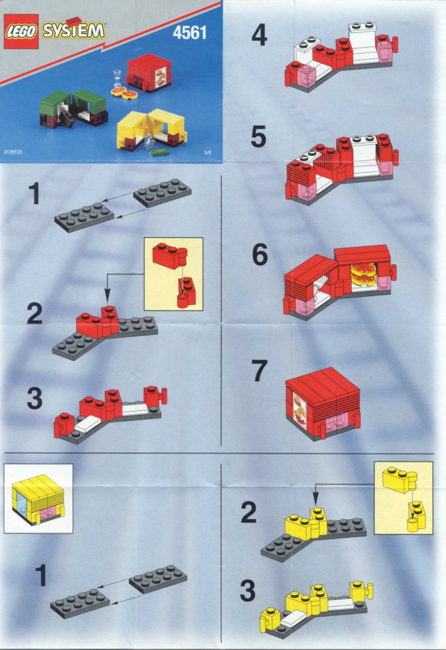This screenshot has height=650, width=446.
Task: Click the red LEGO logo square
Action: pyautogui.click(x=21, y=31)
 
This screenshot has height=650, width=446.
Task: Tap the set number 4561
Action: pyautogui.click(x=190, y=32)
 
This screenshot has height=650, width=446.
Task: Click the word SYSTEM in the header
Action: pyautogui.click(x=73, y=31)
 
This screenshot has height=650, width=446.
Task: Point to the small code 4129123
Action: pyautogui.click(x=13, y=152)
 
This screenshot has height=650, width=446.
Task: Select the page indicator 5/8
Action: pyautogui.click(x=207, y=152)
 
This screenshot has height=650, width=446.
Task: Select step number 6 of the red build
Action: pyautogui.click(x=260, y=254)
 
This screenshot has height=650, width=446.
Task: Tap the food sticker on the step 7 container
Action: pyautogui.click(x=299, y=411)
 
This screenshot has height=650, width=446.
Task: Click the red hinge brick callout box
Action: pyautogui.click(x=173, y=274)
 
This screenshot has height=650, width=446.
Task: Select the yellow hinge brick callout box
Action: pyautogui.click(x=403, y=498)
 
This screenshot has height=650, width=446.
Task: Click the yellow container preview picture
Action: pyautogui.click(x=38, y=498)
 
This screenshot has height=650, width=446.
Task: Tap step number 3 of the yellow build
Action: pyautogui.click(x=248, y=591)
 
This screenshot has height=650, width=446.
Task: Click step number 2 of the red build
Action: pyautogui.click(x=35, y=314)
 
